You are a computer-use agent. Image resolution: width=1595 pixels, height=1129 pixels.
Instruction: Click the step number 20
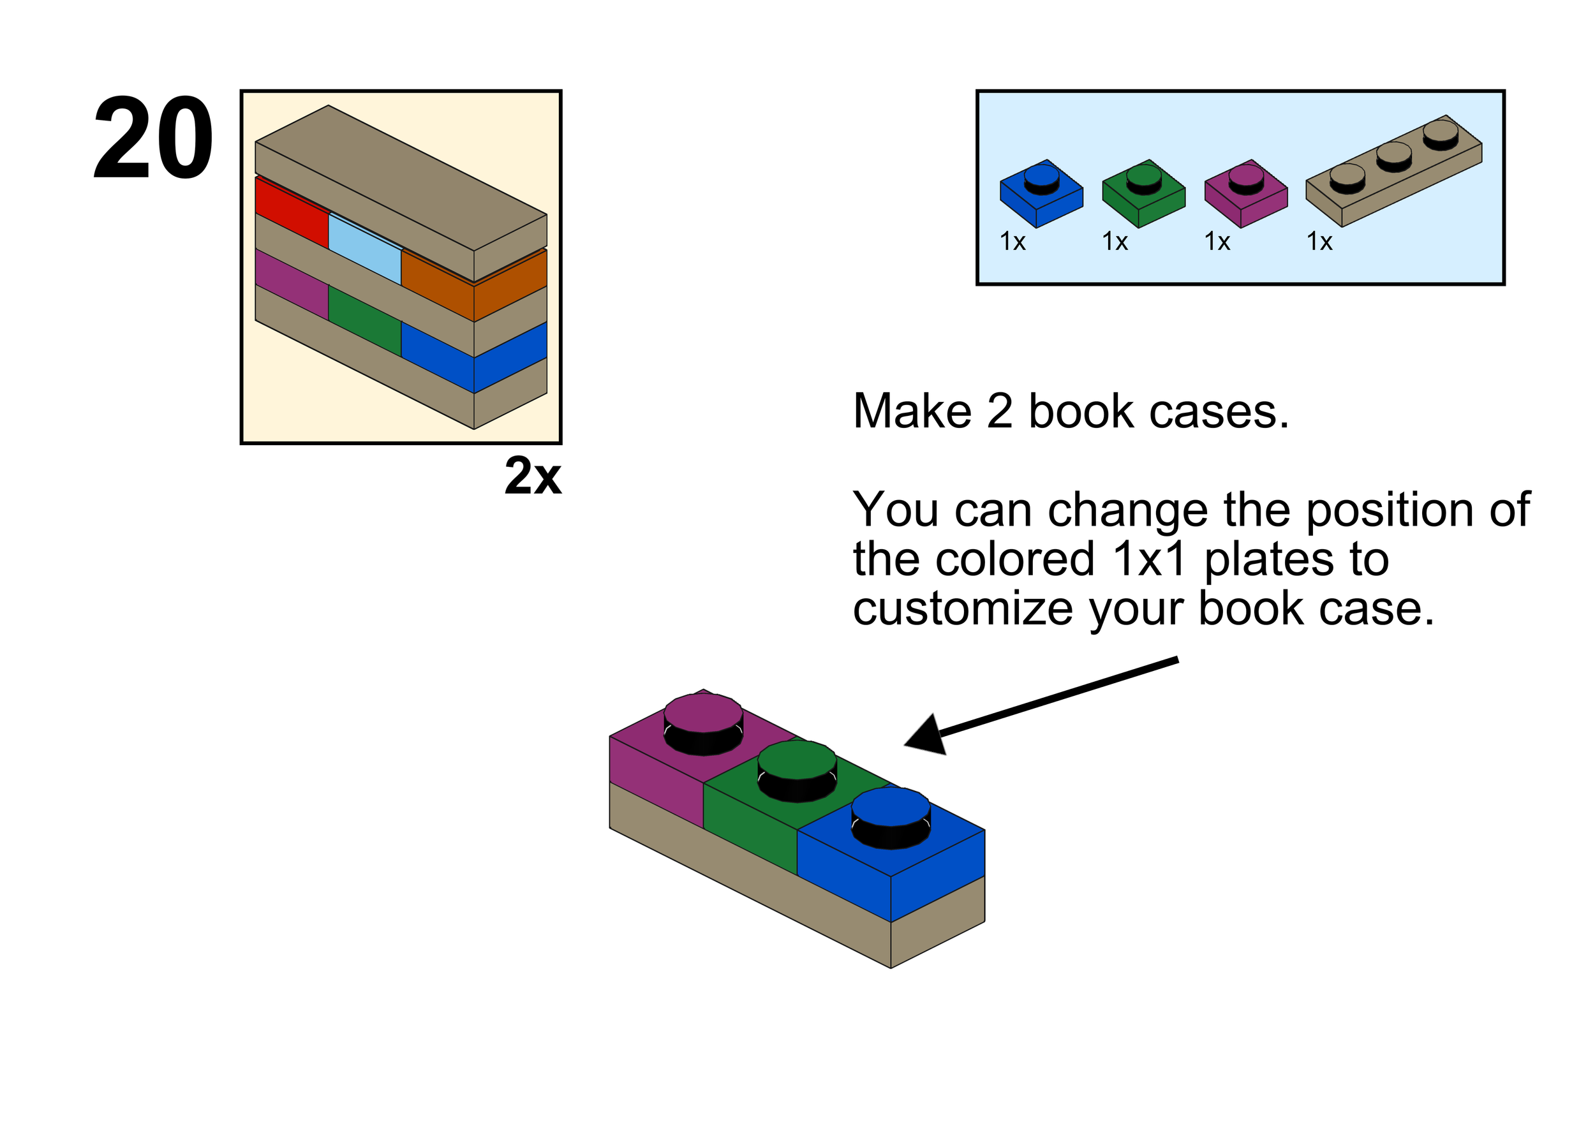pyautogui.click(x=153, y=138)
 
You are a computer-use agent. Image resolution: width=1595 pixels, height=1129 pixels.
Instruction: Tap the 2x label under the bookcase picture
pyautogui.click(x=532, y=476)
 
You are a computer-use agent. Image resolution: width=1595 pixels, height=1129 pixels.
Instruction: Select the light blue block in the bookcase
pyautogui.click(x=364, y=247)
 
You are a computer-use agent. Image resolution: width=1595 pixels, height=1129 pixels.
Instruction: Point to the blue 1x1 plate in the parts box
pyautogui.click(x=1041, y=195)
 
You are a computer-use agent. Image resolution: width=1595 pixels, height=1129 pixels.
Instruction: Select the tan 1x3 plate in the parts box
pyautogui.click(x=1393, y=172)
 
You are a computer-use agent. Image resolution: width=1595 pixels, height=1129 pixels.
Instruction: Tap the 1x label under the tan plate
pyautogui.click(x=1319, y=241)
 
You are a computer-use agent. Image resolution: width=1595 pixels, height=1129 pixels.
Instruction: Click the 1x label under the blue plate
pyautogui.click(x=1013, y=241)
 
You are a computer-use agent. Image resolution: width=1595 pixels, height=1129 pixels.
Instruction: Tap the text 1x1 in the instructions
pyautogui.click(x=1148, y=559)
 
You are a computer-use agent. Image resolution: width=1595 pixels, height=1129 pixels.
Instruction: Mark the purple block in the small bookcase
pyautogui.click(x=291, y=282)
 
